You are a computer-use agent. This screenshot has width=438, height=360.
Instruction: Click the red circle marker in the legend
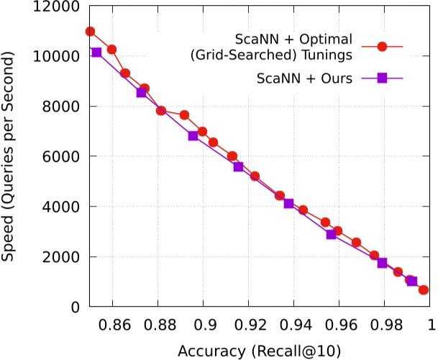click(383, 46)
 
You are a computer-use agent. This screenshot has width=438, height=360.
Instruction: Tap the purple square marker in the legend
click(383, 79)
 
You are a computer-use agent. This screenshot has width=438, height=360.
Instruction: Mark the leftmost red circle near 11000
click(90, 31)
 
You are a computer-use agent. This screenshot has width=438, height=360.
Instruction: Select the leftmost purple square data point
click(96, 53)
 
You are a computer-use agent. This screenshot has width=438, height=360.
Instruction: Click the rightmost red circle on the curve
click(424, 289)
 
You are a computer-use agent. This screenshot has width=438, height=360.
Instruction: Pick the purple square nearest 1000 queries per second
click(412, 282)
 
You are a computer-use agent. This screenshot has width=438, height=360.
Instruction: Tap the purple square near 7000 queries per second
click(193, 135)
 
